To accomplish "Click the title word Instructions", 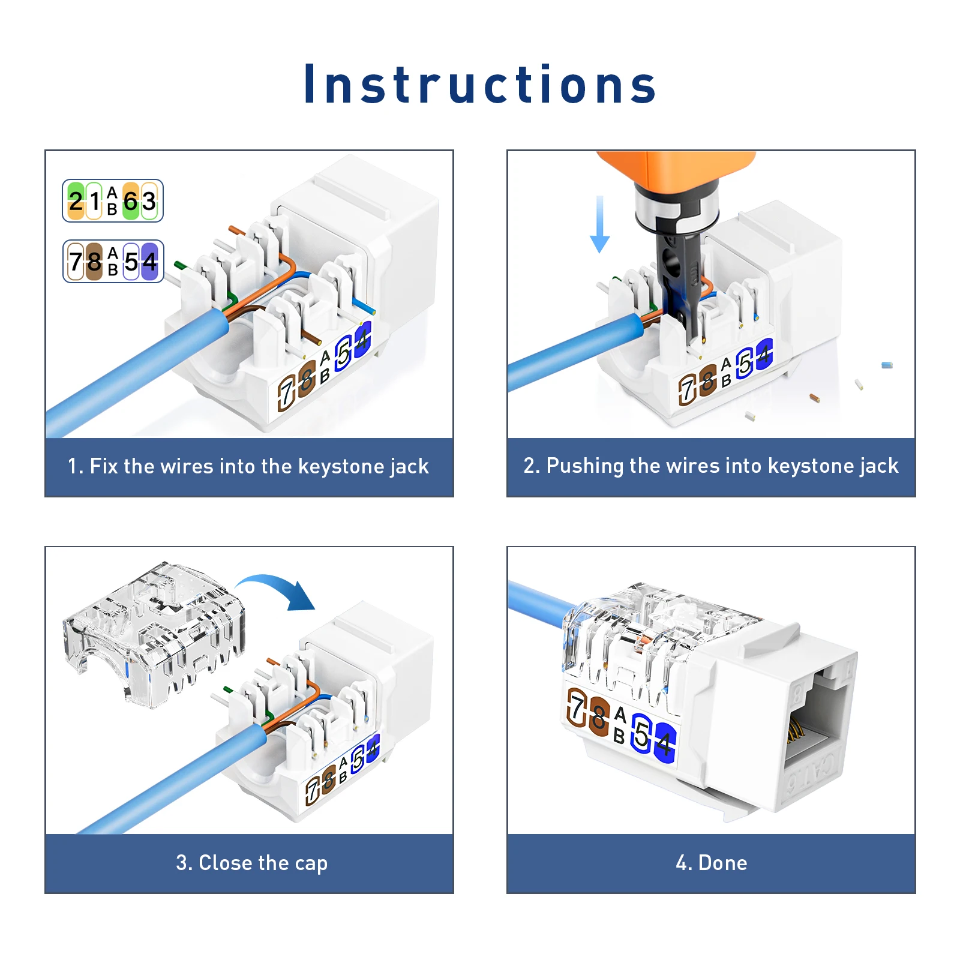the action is tap(480, 84).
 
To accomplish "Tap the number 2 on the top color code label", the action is tap(76, 200).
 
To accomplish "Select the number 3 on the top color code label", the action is tap(149, 200).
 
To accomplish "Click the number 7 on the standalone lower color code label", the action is tap(76, 262).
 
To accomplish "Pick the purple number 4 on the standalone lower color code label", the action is tap(149, 262).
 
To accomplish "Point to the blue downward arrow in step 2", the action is tap(599, 224).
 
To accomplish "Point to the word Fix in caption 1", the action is tap(104, 466).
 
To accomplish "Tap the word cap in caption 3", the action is tap(311, 863).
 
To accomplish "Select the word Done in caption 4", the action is tap(723, 863).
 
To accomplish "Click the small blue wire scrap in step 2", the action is tap(887, 365).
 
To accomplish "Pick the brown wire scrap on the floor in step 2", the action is tap(814, 397).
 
